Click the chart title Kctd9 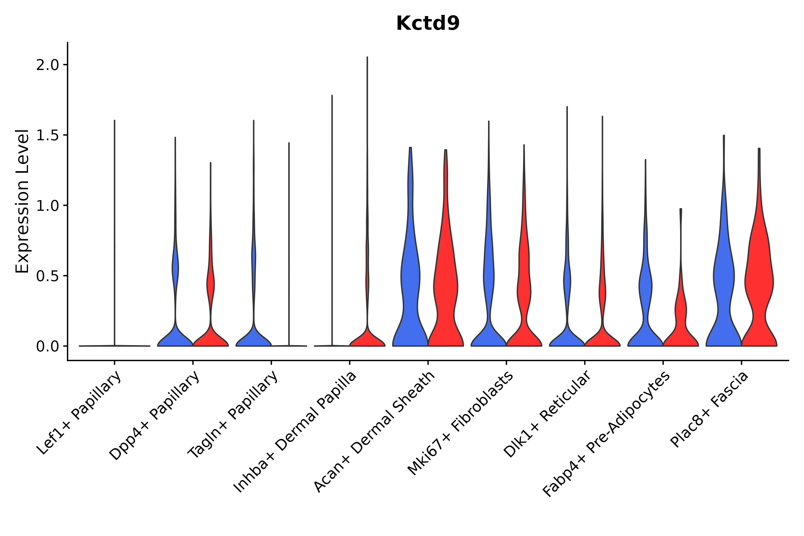[428, 24]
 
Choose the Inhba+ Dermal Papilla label [295, 432]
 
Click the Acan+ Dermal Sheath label [374, 432]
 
